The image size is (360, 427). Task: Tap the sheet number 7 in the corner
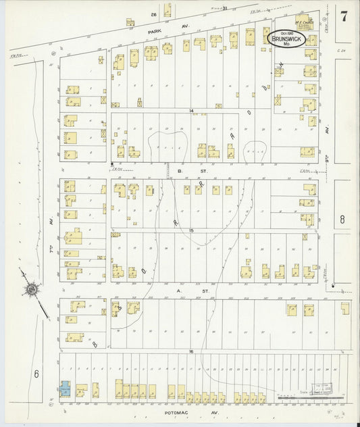coord(344,16)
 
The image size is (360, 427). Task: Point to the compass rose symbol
coord(31,291)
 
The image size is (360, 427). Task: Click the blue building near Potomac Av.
coord(65,390)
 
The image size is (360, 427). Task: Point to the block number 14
coord(191,110)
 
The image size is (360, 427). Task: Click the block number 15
coord(191,231)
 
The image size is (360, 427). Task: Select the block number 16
coord(191,352)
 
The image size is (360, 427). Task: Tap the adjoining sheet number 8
coord(342,219)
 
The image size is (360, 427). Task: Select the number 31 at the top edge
coord(225,8)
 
